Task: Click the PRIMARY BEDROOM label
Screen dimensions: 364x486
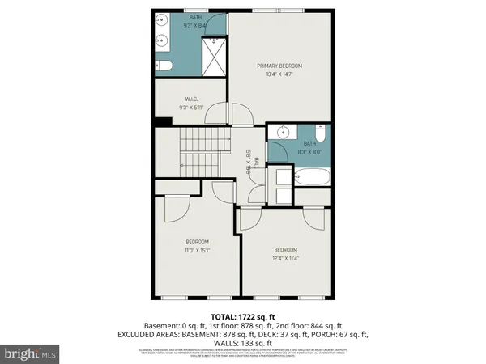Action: [x=279, y=66]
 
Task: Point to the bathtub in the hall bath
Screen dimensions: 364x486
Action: [x=313, y=175]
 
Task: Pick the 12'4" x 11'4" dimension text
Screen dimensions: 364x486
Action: [x=285, y=258]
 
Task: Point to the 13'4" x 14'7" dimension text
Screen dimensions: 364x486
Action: [x=279, y=74]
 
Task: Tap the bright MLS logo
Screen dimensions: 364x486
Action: [x=30, y=353]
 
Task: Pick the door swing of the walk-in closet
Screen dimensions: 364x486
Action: [x=217, y=117]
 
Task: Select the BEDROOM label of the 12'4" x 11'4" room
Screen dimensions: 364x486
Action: [x=285, y=249]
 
